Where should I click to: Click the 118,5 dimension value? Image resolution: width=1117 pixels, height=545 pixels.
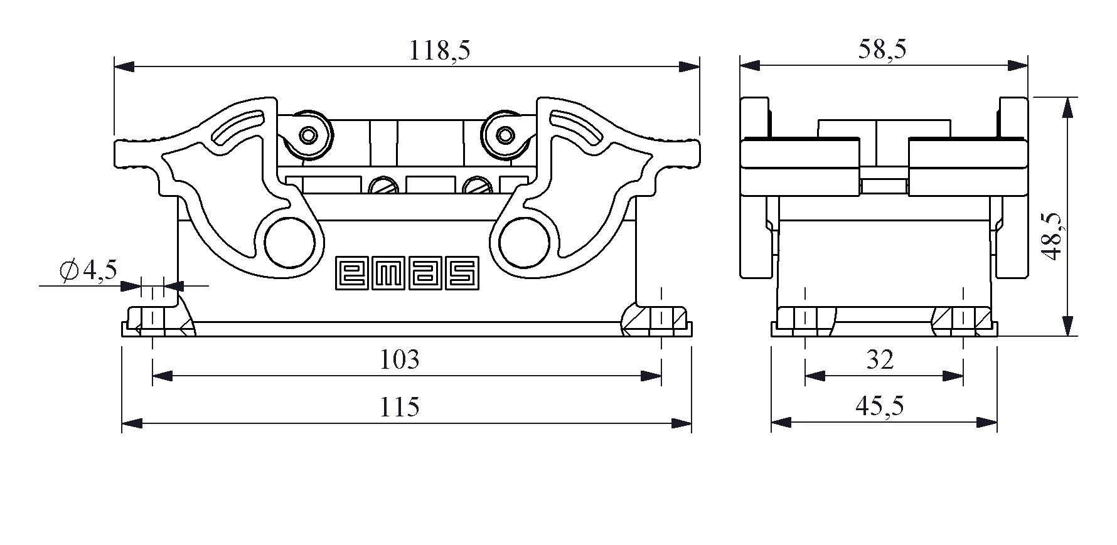click(439, 50)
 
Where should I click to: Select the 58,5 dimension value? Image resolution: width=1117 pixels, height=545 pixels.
click(882, 49)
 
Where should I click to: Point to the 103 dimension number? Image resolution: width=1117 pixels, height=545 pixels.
click(400, 359)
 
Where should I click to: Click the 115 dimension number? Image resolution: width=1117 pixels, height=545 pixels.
click(399, 407)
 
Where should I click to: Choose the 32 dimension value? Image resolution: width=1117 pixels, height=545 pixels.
click(880, 359)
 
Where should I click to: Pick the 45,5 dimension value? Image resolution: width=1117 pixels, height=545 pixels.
click(880, 406)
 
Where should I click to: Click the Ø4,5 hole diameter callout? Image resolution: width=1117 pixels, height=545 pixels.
click(88, 271)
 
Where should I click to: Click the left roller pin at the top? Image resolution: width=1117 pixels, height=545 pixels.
click(308, 135)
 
